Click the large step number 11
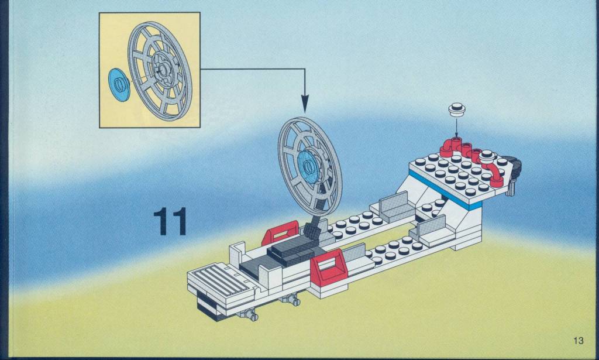[170, 221]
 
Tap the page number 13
[579, 340]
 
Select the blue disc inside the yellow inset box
[119, 85]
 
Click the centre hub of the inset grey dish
[164, 70]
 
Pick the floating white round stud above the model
[456, 109]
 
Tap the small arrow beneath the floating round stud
[456, 128]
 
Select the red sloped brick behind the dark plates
[280, 233]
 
